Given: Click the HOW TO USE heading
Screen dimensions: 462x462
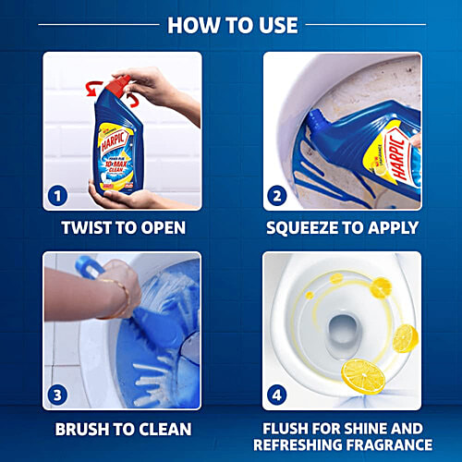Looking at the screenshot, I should (x=231, y=24).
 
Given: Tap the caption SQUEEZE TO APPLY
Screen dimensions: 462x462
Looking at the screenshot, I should (x=341, y=227).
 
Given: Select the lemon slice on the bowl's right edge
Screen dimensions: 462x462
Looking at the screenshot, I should (x=406, y=337).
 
